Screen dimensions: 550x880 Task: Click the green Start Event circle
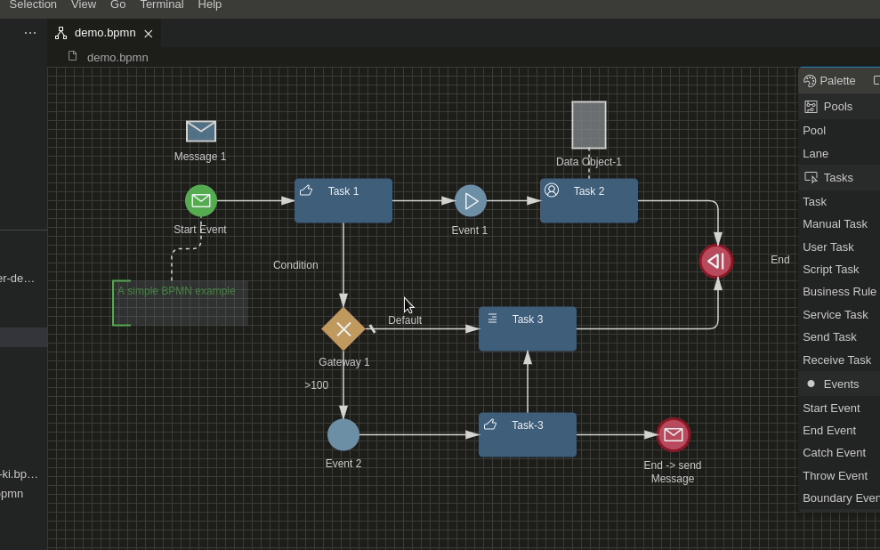pyautogui.click(x=201, y=201)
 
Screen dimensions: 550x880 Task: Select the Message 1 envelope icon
pyautogui.click(x=201, y=131)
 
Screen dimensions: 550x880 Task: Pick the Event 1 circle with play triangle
pyautogui.click(x=471, y=201)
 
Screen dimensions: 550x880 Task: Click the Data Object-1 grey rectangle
pyautogui.click(x=589, y=125)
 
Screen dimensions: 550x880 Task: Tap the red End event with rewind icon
pyautogui.click(x=716, y=261)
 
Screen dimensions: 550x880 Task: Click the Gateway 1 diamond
pyautogui.click(x=343, y=329)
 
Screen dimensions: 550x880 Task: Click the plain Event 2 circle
pyautogui.click(x=343, y=435)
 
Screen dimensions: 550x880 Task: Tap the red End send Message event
pyautogui.click(x=674, y=435)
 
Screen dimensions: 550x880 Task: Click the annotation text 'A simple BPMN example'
pyautogui.click(x=176, y=291)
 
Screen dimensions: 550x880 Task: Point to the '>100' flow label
pyautogui.click(x=316, y=385)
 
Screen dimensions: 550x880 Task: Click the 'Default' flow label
pyautogui.click(x=405, y=320)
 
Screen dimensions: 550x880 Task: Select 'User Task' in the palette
pyautogui.click(x=828, y=247)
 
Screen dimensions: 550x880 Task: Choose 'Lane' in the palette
pyautogui.click(x=815, y=153)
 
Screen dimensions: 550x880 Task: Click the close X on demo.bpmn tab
pyautogui.click(x=149, y=34)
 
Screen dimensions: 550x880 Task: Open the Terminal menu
pyautogui.click(x=161, y=5)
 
